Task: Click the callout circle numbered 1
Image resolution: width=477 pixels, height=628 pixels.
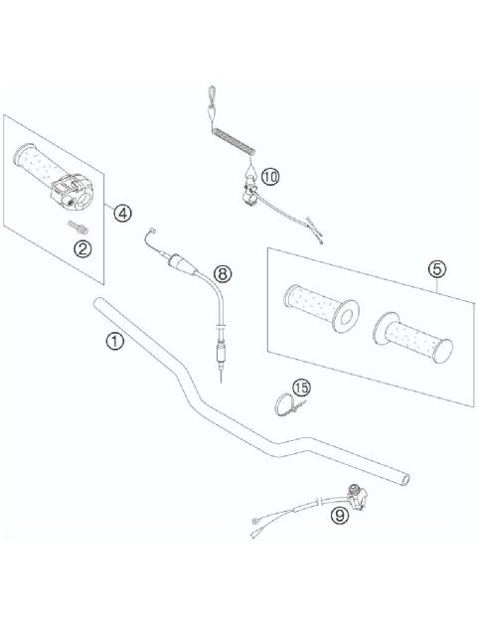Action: click(x=116, y=341)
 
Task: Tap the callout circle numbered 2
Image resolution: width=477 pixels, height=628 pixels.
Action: click(x=83, y=248)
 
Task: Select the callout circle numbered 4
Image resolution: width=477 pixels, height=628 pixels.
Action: click(x=122, y=212)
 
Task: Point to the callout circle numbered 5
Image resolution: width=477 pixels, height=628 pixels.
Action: click(x=436, y=268)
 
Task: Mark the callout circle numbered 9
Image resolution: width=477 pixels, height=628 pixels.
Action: click(x=340, y=515)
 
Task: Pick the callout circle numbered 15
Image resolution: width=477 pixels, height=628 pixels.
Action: click(x=300, y=387)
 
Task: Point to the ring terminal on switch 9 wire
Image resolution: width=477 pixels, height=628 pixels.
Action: click(x=257, y=519)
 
